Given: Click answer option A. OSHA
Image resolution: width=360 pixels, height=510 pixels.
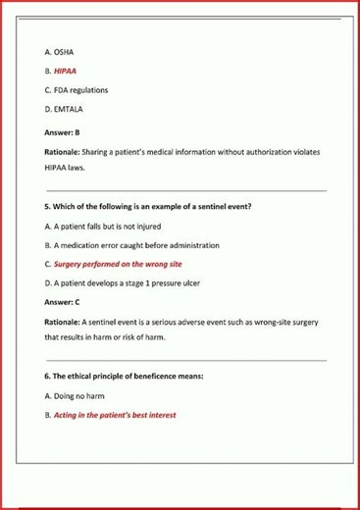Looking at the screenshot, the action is pyautogui.click(x=59, y=51).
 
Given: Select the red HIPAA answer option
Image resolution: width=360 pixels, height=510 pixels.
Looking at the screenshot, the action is pyautogui.click(x=61, y=71).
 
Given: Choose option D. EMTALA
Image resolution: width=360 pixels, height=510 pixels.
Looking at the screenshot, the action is pyautogui.click(x=64, y=110).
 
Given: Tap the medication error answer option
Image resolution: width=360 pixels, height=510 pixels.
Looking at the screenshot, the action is pyautogui.click(x=131, y=244).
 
